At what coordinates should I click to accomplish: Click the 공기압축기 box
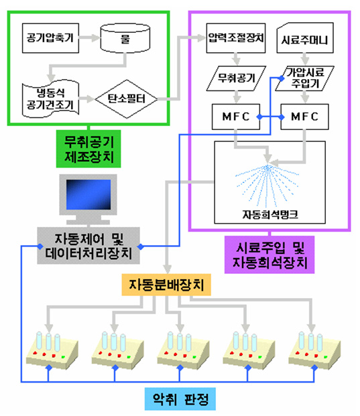tap(50, 38)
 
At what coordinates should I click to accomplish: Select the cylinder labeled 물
tap(125, 38)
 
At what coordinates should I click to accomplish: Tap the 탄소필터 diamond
tap(126, 99)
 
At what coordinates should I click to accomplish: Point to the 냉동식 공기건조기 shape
tap(50, 99)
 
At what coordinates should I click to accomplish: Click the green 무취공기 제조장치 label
tap(88, 149)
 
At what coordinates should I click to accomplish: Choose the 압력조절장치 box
tap(236, 38)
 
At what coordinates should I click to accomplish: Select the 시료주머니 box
tap(305, 38)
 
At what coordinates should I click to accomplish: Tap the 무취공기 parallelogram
tap(236, 78)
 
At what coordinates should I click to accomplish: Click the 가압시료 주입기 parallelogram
tap(305, 78)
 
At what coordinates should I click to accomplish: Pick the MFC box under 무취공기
tap(236, 117)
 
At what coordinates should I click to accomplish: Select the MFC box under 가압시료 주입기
tap(305, 117)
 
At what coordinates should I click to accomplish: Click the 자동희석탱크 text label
tap(270, 214)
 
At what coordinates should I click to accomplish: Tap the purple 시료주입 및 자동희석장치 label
tap(269, 255)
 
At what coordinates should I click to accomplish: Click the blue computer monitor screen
tap(88, 195)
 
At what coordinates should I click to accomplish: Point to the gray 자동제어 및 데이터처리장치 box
tap(88, 246)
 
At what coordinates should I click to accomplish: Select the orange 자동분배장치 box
tap(166, 285)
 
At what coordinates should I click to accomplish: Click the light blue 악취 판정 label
tap(180, 399)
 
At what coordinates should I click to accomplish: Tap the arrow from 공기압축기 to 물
tap(89, 38)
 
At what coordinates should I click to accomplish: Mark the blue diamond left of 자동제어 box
tap(40, 247)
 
